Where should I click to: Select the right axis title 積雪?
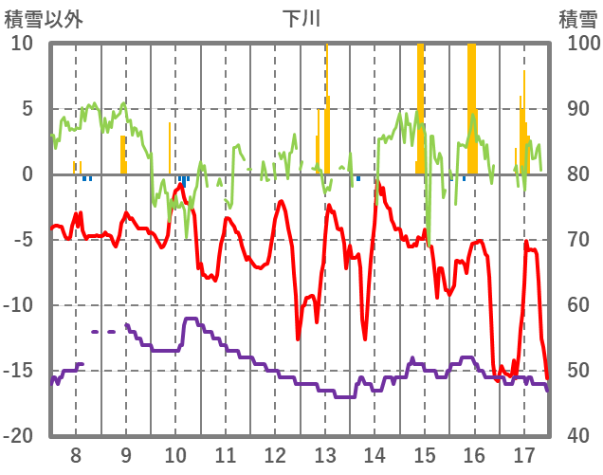(x=577, y=18)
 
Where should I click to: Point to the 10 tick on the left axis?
(x=22, y=44)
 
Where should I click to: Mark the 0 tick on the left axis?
(x=27, y=174)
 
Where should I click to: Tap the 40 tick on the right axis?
(x=580, y=436)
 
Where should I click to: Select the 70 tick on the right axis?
(x=580, y=240)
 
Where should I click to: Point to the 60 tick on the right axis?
(x=580, y=305)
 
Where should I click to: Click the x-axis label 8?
(x=77, y=453)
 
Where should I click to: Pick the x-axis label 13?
(x=324, y=453)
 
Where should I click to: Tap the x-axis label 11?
(x=226, y=453)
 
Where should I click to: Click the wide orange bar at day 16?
(x=472, y=104)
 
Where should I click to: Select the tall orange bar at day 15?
(x=421, y=104)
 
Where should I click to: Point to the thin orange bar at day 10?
(x=170, y=148)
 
